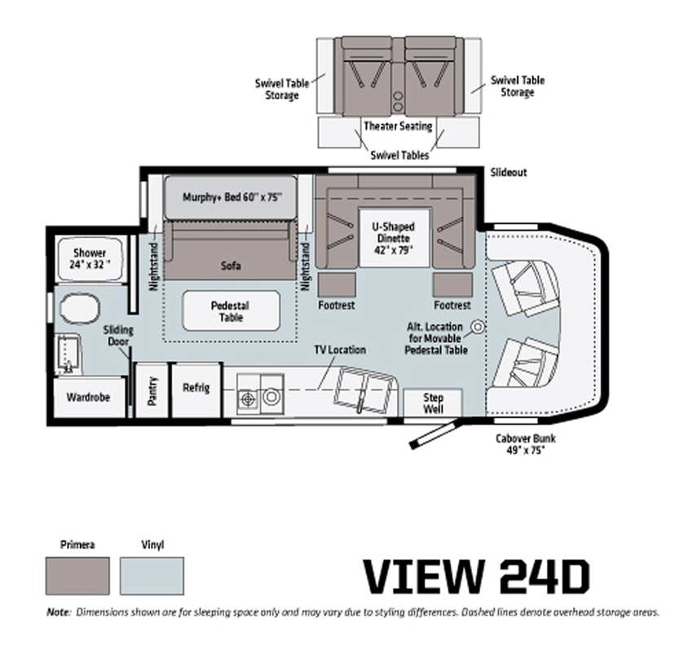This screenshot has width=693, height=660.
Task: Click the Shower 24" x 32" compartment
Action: (90, 259)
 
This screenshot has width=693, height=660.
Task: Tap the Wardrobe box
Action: (88, 397)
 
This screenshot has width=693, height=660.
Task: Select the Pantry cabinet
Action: (152, 390)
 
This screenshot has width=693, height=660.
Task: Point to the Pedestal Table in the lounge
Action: (232, 310)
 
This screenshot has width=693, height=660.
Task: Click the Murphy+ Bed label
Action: (232, 196)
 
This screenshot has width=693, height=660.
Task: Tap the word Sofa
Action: (231, 265)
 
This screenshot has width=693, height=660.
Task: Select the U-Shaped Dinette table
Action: (395, 238)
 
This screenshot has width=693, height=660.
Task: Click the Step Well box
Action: (433, 403)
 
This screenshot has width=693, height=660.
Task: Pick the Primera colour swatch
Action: (77, 575)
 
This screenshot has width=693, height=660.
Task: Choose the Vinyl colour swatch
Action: (152, 575)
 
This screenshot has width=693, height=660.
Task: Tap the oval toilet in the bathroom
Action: (80, 309)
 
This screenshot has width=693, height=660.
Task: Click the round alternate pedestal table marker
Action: (478, 327)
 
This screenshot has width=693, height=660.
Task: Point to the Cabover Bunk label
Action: (526, 444)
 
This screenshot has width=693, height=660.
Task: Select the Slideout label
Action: (509, 172)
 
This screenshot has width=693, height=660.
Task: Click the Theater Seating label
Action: (398, 126)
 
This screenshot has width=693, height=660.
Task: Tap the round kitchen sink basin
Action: (271, 396)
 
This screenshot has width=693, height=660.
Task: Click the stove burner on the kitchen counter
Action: (249, 399)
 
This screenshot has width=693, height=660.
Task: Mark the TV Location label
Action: (340, 350)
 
